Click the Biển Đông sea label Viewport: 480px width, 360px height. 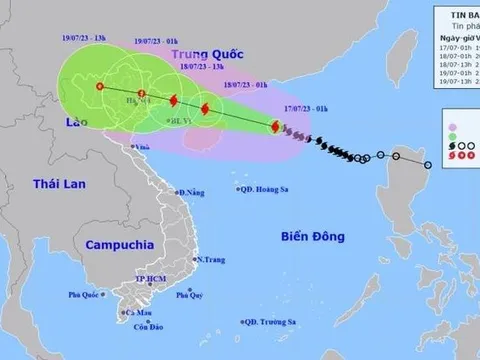pos(313,236)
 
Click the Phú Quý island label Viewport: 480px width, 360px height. pos(189,294)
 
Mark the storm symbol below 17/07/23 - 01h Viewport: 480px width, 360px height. pos(274,127)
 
